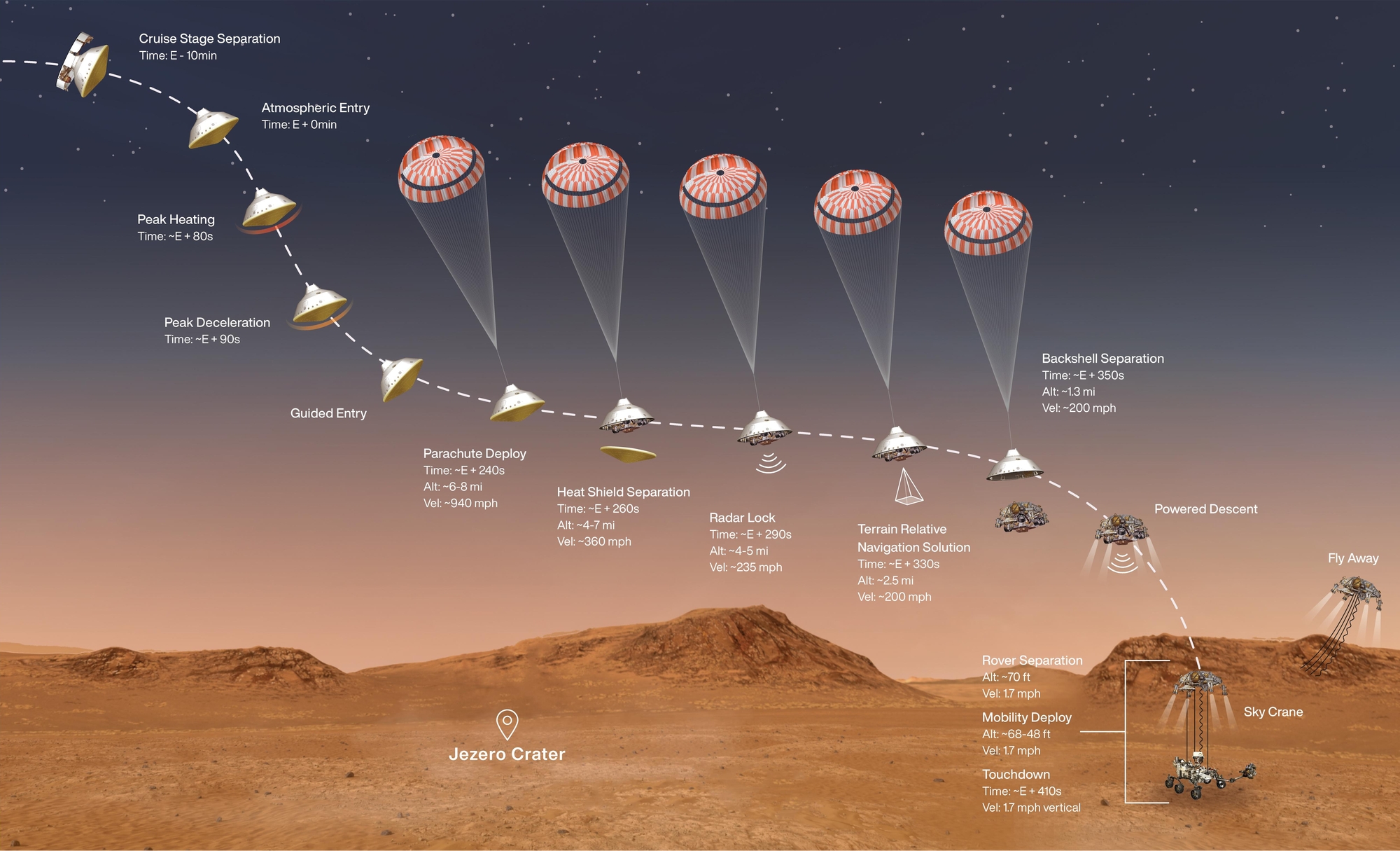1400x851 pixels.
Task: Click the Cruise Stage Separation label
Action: [209, 39]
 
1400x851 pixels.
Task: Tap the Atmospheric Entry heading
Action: [315, 108]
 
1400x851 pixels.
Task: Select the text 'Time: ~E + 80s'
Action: [175, 237]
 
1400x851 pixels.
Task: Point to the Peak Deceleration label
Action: [217, 322]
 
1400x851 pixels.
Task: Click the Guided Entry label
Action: [328, 413]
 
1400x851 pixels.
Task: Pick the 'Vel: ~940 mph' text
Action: [461, 503]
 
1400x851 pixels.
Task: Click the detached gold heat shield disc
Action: [628, 454]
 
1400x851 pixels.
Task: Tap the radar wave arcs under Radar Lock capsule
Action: [771, 463]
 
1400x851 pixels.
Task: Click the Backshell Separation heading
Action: [1102, 359]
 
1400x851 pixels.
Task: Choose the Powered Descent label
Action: [1205, 509]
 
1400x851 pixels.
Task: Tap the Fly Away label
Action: [1353, 558]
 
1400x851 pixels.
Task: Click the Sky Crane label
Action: [1273, 712]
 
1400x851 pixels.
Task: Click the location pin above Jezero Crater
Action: [507, 724]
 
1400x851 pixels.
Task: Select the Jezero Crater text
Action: [507, 754]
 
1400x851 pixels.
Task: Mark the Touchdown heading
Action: [1016, 774]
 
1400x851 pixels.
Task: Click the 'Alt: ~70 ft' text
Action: [1006, 677]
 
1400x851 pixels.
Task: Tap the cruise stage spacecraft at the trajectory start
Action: [83, 63]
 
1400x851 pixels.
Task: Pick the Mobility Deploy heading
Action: [1026, 717]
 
